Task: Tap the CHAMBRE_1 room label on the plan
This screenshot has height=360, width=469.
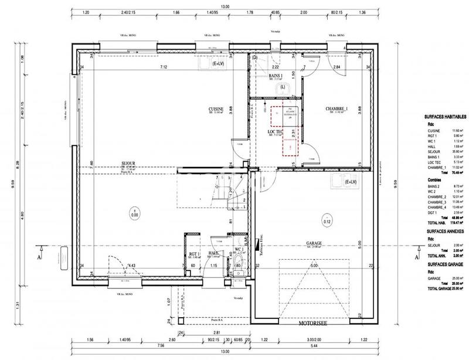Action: [338, 110]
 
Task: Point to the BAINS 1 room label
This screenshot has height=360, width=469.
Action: [276, 76]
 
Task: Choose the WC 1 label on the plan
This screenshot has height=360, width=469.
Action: [239, 249]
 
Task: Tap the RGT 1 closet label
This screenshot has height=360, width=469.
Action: [195, 254]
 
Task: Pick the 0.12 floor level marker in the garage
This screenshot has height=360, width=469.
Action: [327, 222]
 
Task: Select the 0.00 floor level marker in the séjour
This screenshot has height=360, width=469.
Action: [134, 215]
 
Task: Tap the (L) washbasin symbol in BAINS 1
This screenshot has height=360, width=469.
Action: [283, 87]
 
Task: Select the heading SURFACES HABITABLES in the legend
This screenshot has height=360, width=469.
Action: [444, 117]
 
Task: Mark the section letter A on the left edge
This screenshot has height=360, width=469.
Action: [39, 256]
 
